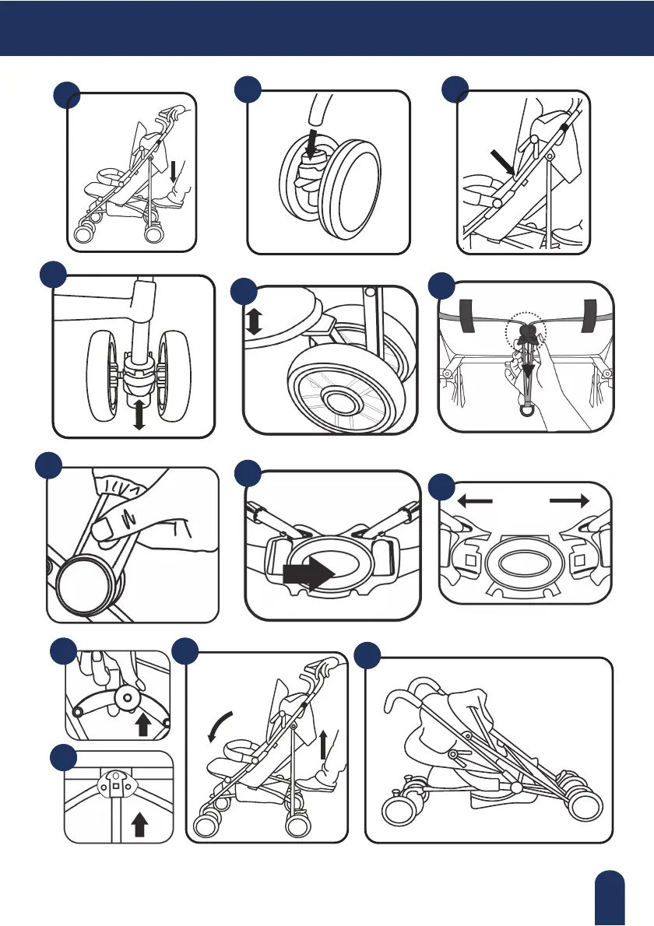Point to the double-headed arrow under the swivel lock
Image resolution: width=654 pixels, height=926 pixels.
tap(139, 414)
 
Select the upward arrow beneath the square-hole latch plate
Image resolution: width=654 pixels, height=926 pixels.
tap(140, 823)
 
